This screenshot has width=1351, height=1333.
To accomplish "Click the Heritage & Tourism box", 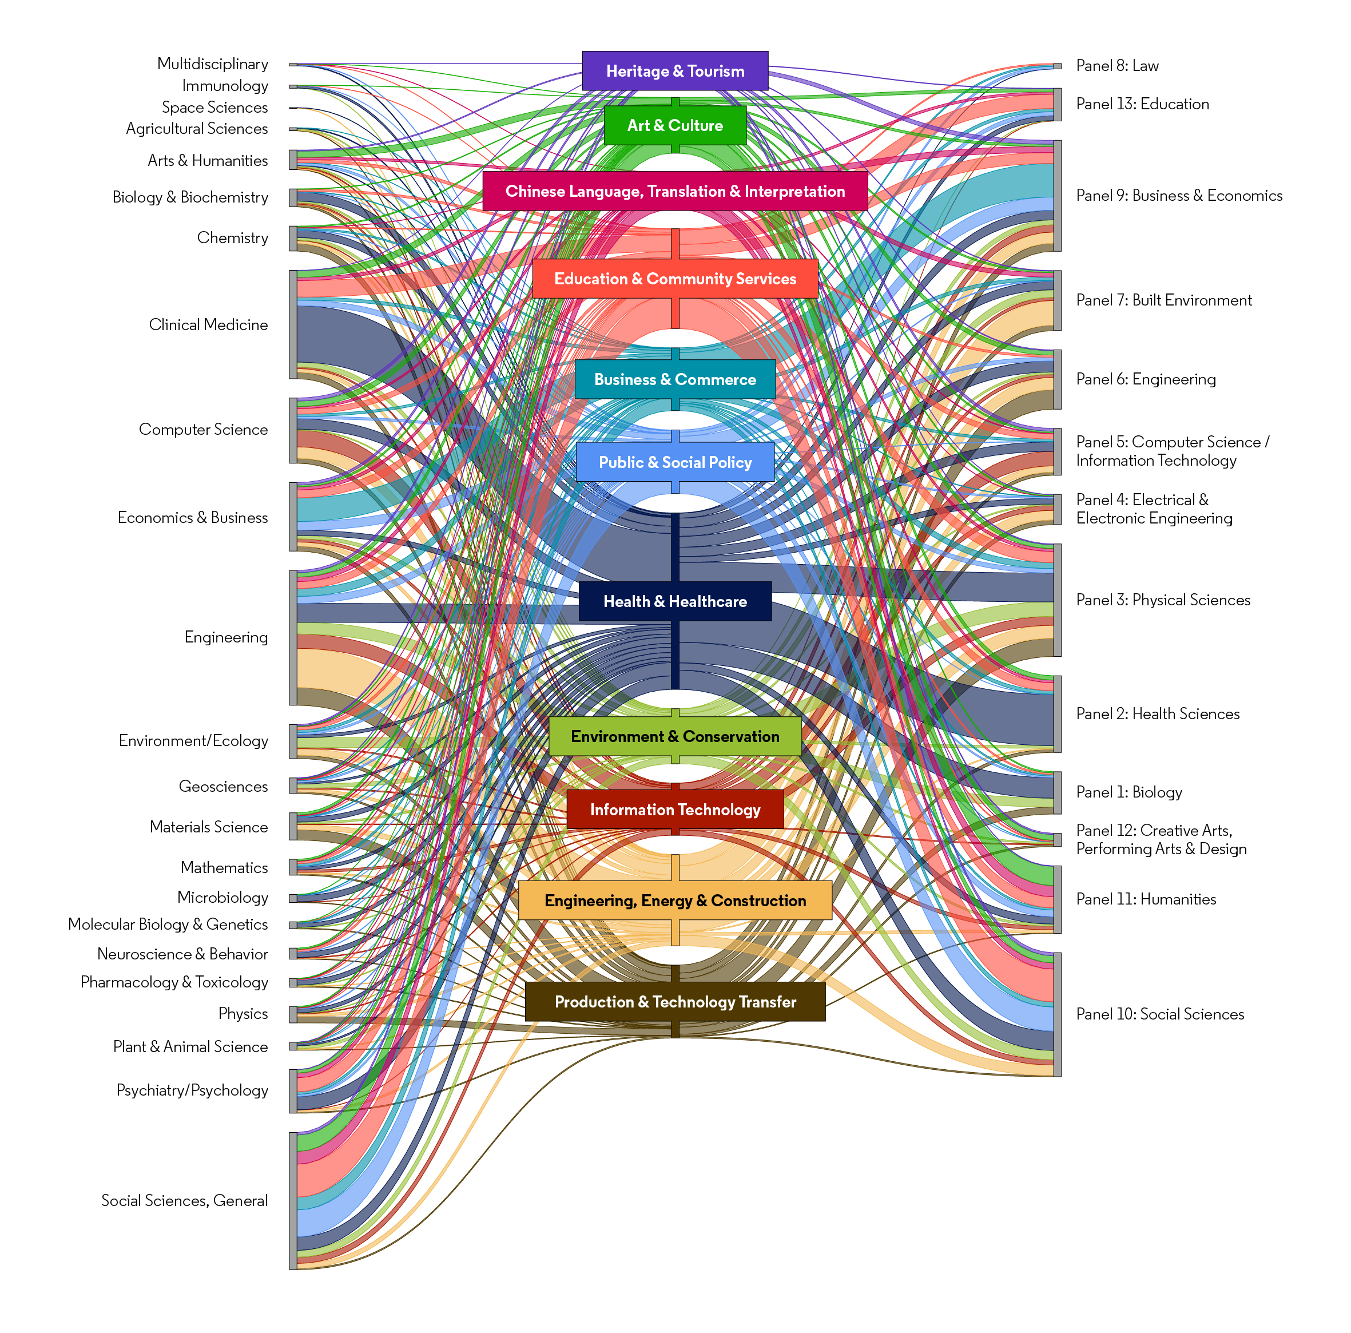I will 675,70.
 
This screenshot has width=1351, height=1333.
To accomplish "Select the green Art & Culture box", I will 675,125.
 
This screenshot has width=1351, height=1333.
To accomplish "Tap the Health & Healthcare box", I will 675,601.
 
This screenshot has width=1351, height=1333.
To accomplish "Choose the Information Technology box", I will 675,809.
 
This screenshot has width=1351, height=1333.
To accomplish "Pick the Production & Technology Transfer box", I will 675,1002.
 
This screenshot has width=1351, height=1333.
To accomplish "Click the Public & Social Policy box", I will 675,462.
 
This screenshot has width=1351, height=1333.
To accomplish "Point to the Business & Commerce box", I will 675,379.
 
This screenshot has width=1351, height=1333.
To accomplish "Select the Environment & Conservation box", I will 675,736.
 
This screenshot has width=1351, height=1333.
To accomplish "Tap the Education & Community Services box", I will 675,279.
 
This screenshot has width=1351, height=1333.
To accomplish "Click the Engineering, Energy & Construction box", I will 675,900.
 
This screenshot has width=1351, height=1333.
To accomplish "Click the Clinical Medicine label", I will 208,324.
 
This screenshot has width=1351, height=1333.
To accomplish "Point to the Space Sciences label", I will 214,107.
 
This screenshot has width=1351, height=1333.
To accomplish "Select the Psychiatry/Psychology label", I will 192,1090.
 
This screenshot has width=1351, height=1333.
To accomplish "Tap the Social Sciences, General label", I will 185,1200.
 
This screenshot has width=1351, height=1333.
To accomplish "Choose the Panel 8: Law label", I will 1116,66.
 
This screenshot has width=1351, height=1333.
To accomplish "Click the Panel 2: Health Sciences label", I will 1157,713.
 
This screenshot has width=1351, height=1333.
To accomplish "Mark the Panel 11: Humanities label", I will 1146,899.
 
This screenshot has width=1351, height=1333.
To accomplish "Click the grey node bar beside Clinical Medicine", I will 293,324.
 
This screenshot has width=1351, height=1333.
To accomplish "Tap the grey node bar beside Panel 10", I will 1058,1014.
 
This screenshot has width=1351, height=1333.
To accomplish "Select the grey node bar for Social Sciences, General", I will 293,1200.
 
